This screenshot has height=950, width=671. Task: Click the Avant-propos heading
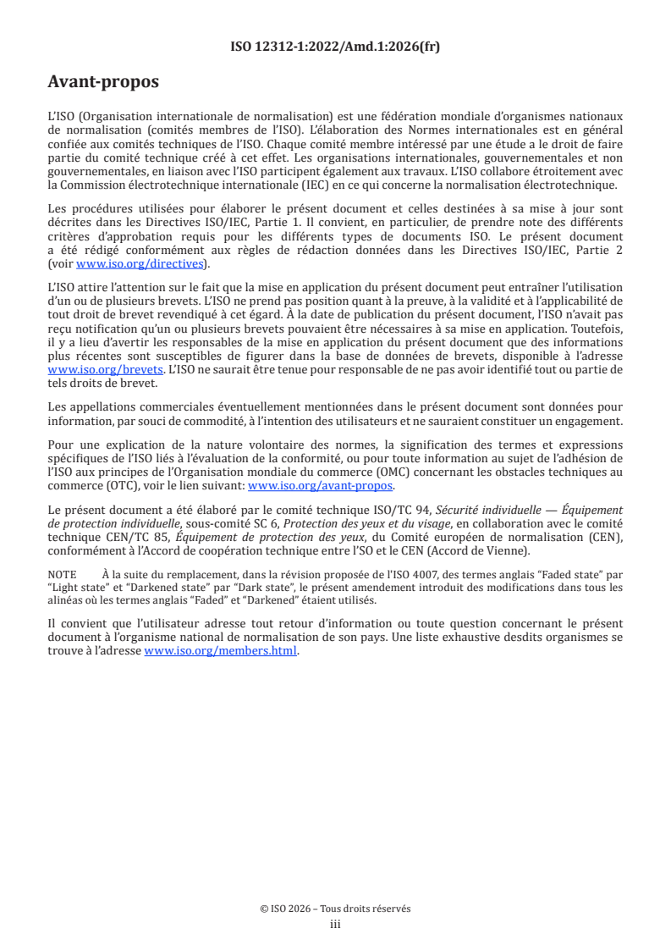click(x=102, y=83)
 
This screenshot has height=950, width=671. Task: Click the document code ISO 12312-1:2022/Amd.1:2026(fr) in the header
click(x=335, y=47)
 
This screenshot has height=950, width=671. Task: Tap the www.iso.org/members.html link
click(x=222, y=651)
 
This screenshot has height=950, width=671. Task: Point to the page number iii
click(x=335, y=924)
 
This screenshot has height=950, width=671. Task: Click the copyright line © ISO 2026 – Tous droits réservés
click(x=335, y=909)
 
